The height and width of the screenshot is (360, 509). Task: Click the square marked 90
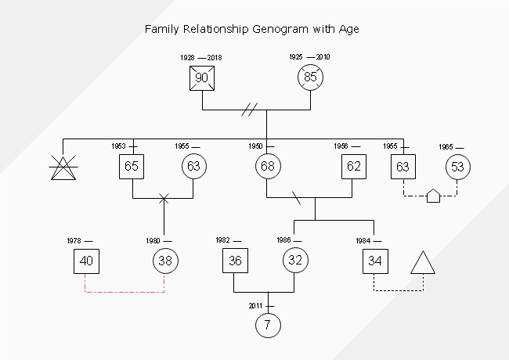(202, 77)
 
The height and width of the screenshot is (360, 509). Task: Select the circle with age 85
(311, 77)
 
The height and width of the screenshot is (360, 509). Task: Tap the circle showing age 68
(267, 166)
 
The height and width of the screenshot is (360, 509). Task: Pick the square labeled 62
(354, 166)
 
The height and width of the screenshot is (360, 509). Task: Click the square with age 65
(132, 166)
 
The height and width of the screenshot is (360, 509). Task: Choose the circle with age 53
(457, 166)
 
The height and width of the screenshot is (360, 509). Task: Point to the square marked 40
(87, 261)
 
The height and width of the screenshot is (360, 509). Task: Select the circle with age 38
(164, 261)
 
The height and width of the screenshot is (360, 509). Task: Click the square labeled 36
(235, 261)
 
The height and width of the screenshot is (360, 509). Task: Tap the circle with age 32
(294, 261)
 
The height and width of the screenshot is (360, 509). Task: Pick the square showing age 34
(374, 261)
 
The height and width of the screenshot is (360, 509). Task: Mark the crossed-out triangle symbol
(63, 167)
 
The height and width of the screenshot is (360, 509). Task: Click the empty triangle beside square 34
(423, 264)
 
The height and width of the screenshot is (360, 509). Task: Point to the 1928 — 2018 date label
(201, 58)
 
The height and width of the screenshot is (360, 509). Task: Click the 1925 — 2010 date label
(310, 57)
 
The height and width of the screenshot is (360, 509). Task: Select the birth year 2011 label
(256, 305)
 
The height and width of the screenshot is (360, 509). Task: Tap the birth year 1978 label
(74, 240)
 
